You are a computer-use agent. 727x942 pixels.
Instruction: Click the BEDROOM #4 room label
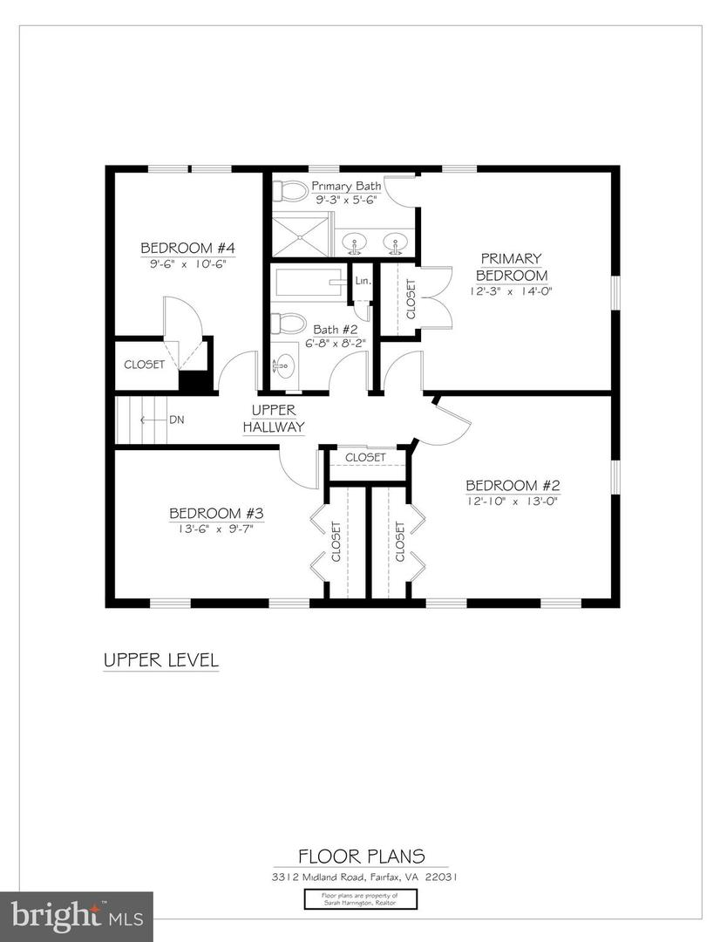(x=187, y=247)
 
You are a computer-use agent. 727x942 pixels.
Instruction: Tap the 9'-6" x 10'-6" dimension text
(x=187, y=262)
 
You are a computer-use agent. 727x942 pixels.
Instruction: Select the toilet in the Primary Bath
(x=291, y=191)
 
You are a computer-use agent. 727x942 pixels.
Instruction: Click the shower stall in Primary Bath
(x=301, y=235)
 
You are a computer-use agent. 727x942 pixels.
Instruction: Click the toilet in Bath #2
(x=289, y=324)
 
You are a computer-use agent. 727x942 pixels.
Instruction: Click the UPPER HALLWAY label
(x=274, y=419)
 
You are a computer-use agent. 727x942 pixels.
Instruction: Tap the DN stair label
(x=177, y=420)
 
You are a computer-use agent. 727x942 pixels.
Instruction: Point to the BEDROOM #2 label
(x=512, y=486)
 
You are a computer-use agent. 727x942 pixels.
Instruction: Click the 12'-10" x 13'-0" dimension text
(x=512, y=501)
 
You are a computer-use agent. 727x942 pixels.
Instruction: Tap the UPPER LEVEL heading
(x=161, y=660)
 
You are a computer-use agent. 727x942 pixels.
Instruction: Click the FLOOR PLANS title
(x=362, y=857)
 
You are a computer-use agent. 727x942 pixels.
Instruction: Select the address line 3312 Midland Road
(x=362, y=877)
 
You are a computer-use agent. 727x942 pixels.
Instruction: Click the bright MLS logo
(x=76, y=916)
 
